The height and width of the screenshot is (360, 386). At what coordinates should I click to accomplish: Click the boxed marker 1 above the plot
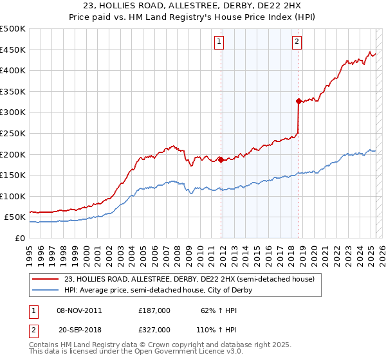point(219,42)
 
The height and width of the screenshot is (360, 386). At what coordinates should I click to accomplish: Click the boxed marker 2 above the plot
point(297,42)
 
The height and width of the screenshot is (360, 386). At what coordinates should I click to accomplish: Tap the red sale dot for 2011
point(221,159)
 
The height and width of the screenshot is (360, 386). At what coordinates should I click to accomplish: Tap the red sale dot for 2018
point(299,101)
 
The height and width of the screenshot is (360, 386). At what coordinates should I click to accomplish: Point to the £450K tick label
point(13,50)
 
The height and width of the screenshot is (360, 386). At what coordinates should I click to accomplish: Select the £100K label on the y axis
point(13,196)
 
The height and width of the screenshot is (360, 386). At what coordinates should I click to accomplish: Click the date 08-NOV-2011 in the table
point(79,310)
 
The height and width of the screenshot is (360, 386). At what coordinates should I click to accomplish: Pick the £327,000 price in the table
point(154,329)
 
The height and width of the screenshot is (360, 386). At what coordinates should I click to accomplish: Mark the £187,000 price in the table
point(154,310)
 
